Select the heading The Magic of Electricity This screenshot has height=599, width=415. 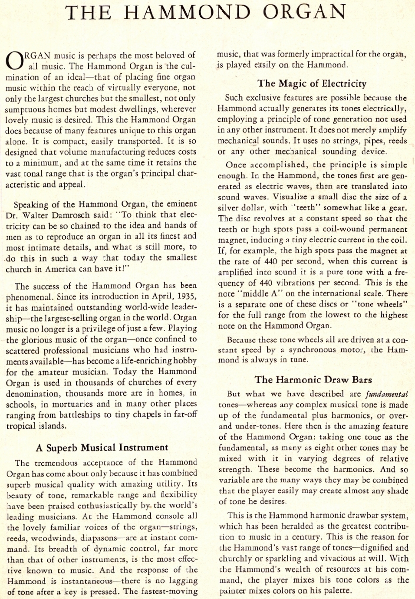[x=312, y=83]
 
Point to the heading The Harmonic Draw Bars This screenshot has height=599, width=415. [x=313, y=380]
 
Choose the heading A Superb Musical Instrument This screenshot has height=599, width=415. [x=102, y=448]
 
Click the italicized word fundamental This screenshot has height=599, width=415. [x=386, y=394]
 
